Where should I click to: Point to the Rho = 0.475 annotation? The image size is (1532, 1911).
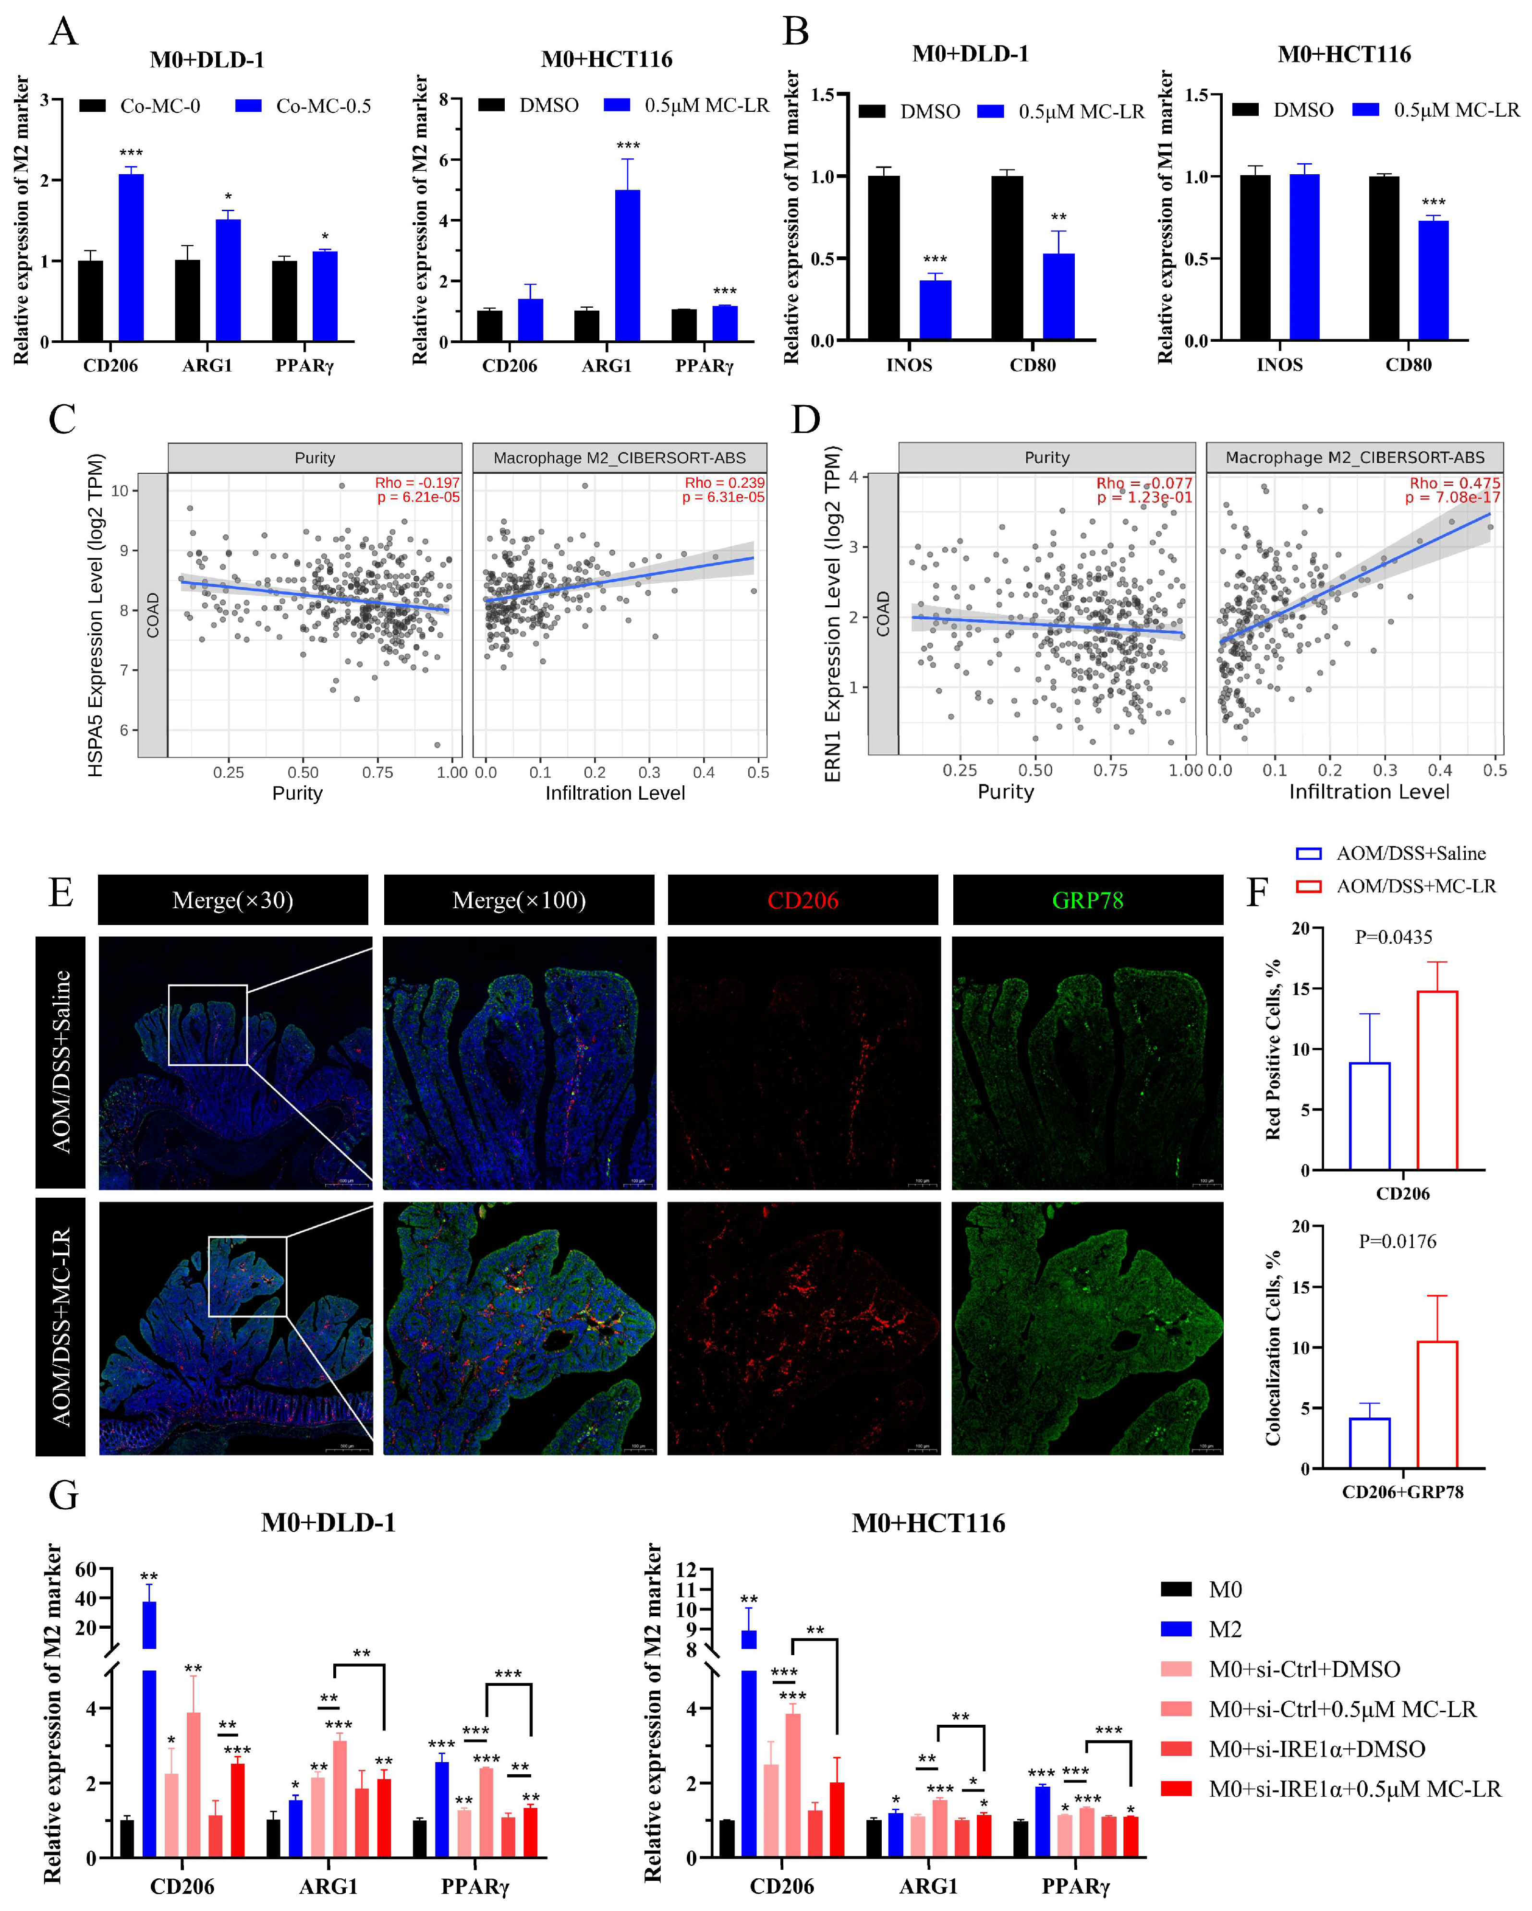pos(1454,483)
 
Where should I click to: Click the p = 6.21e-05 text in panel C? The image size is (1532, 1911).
pos(417,497)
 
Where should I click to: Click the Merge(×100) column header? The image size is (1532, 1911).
pos(519,901)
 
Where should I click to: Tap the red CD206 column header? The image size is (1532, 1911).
pos(802,901)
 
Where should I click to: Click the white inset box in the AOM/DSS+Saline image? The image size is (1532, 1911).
pos(207,1025)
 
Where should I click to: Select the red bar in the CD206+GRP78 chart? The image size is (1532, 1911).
pos(1436,1405)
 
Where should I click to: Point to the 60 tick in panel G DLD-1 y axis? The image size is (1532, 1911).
pos(86,1570)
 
